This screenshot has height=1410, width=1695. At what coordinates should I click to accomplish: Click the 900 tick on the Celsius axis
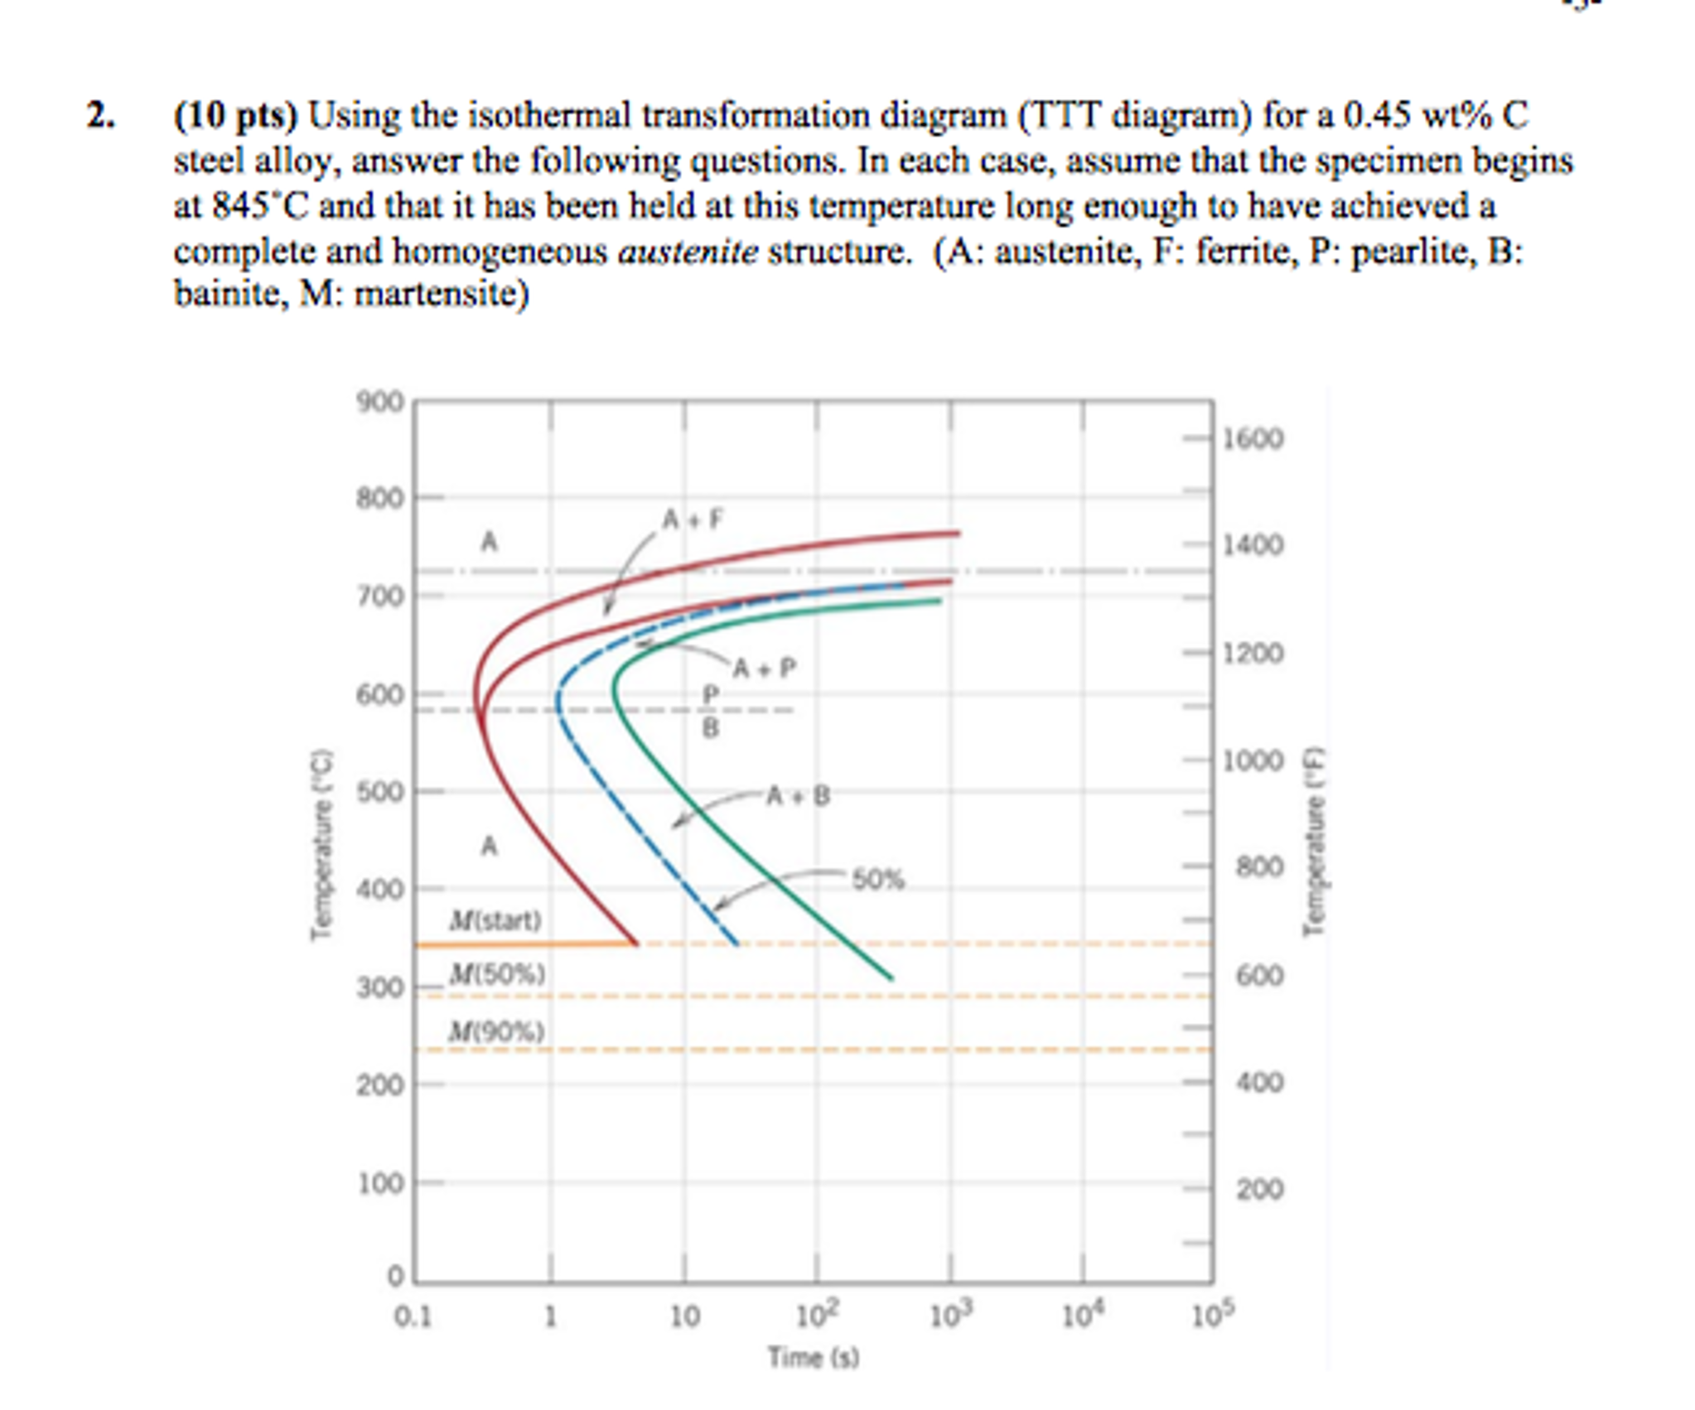coord(379,403)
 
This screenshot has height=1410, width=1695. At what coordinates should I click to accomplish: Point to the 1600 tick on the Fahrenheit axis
coord(1253,438)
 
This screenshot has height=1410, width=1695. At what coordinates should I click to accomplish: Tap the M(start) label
coord(495,920)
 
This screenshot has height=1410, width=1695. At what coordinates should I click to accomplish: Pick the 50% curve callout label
coord(878,879)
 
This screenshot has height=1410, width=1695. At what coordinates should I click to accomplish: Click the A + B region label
coord(798,795)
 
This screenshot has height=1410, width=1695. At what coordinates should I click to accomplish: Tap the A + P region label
coord(764,668)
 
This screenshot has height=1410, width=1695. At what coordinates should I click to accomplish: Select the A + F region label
coord(693,519)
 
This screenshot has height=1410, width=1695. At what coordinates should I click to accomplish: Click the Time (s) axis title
coord(813,1357)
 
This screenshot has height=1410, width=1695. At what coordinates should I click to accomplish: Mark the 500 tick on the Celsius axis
coord(379,792)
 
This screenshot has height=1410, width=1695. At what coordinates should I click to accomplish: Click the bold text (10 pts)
coord(235,115)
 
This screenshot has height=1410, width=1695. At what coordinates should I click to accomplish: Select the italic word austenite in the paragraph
coord(688,251)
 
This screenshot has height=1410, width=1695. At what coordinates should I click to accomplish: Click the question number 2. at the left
coord(100,116)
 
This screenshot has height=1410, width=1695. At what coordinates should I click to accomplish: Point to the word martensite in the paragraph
coord(441,294)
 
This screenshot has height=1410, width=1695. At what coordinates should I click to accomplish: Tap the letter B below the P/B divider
coord(710,728)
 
